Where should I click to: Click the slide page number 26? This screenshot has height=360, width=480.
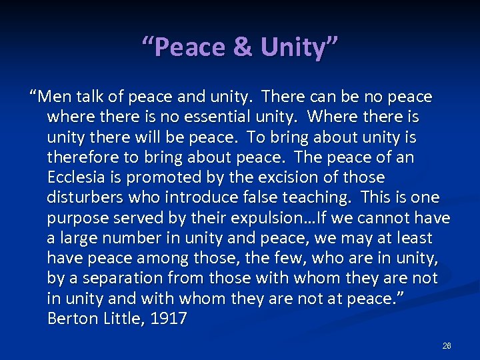[x=447, y=346]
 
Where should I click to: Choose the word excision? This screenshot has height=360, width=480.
[x=286, y=177]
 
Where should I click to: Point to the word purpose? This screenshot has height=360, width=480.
[x=77, y=218]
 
